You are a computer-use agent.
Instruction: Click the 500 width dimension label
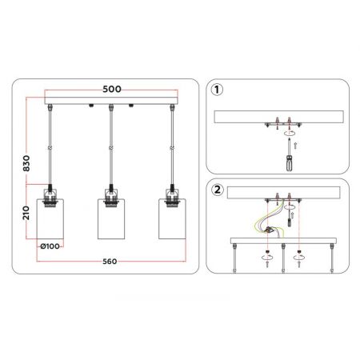click(x=112, y=89)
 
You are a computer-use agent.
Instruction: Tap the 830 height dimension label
click(x=26, y=163)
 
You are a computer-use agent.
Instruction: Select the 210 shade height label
click(x=26, y=213)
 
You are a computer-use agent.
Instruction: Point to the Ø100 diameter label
click(x=50, y=246)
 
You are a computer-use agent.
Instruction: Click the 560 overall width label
click(x=110, y=262)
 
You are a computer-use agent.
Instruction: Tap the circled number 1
click(x=217, y=90)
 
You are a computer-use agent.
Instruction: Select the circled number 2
click(x=218, y=190)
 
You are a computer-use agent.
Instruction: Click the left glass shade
click(x=50, y=218)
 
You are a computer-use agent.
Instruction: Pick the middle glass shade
click(x=111, y=218)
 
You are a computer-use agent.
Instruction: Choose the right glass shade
click(x=172, y=218)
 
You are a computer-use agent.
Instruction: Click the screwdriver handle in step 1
click(x=290, y=163)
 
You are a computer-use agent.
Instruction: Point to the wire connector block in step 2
click(x=269, y=230)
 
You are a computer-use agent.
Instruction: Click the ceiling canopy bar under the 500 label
click(x=111, y=101)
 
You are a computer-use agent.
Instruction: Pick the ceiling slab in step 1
click(x=278, y=117)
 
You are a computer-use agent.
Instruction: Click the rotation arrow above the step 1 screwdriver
click(x=290, y=133)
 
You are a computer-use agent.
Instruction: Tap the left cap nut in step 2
click(x=267, y=251)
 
